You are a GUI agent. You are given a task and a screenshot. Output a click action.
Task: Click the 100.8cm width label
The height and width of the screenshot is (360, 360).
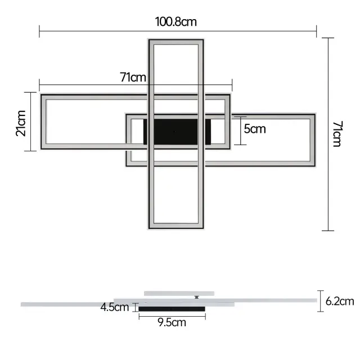pos(176,22)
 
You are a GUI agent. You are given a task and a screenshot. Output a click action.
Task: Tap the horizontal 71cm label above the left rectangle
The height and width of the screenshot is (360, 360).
pos(133,77)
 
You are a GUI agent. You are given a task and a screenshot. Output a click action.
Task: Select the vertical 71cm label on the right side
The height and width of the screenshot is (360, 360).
pos(337,134)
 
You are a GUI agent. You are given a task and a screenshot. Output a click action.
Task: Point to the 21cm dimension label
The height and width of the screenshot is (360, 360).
pos(21,123)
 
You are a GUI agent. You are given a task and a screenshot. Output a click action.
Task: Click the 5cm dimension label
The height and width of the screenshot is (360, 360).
pos(255,129)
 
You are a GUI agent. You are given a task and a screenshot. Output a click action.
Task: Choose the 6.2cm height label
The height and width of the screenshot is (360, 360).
pos(340,301)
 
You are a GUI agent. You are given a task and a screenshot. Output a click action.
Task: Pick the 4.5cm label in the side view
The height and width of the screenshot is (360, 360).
pos(115,307)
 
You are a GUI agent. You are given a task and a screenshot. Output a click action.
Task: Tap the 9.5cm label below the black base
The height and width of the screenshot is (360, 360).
pos(172,322)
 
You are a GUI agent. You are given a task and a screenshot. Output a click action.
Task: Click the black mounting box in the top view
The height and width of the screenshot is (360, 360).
pos(177,132)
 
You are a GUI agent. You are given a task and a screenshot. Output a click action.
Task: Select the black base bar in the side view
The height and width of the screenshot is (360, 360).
pos(172,309)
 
